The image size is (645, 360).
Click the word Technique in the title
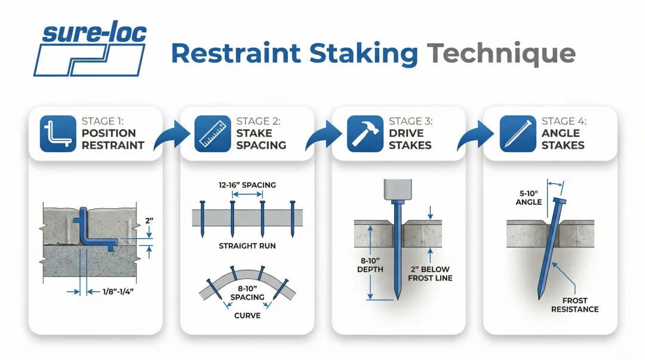click(x=500, y=54)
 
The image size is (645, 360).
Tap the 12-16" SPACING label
click(x=247, y=185)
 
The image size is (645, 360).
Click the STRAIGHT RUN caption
click(x=247, y=246)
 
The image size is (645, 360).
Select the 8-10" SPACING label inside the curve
click(x=247, y=293)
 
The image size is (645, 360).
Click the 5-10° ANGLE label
click(x=529, y=198)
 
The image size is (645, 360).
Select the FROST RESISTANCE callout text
click(x=575, y=304)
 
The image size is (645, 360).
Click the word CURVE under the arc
click(x=247, y=315)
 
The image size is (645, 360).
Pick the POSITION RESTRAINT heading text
click(x=113, y=139)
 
